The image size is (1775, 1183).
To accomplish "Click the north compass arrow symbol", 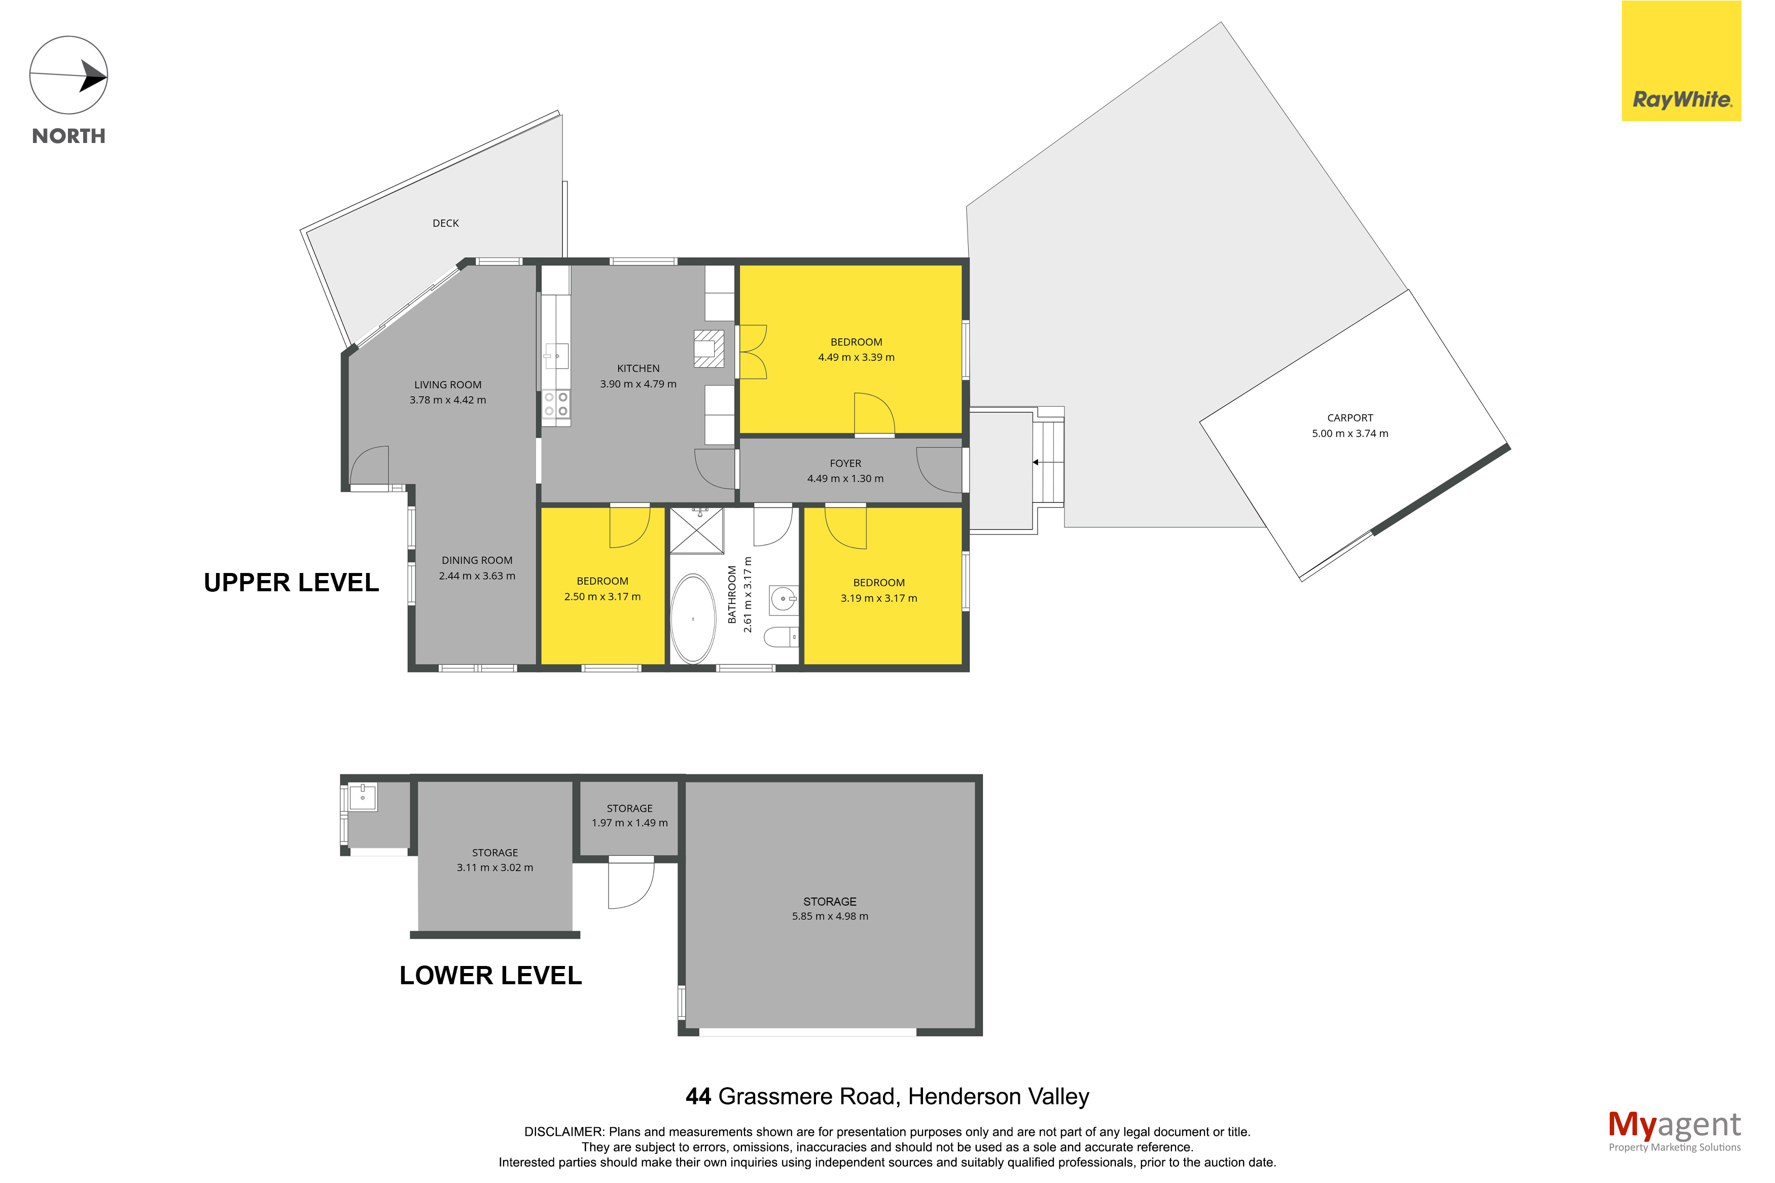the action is tap(68, 76).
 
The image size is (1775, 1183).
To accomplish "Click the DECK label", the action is tap(445, 223).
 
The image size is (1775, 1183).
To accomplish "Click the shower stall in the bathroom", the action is tap(696, 531).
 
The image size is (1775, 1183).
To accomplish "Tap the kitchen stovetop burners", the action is tap(556, 405).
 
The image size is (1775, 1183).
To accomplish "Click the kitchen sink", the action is tap(556, 354).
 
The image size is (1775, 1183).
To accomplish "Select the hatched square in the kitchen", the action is tap(708, 348).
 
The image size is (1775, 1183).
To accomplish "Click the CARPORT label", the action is tap(1350, 418).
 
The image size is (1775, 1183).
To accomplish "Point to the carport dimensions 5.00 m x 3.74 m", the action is tap(1350, 434).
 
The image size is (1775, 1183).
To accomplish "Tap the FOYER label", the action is tap(845, 463).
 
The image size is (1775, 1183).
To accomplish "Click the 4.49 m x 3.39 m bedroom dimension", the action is tap(856, 357).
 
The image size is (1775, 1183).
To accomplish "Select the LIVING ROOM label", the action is tap(447, 385).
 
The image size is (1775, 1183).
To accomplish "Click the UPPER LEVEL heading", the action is tap(291, 583).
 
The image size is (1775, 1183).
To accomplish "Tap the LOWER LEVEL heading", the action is tap(490, 976).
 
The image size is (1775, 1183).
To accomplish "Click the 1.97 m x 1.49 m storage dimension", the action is tap(629, 823).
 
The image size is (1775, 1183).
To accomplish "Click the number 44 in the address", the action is tap(698, 1096).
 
